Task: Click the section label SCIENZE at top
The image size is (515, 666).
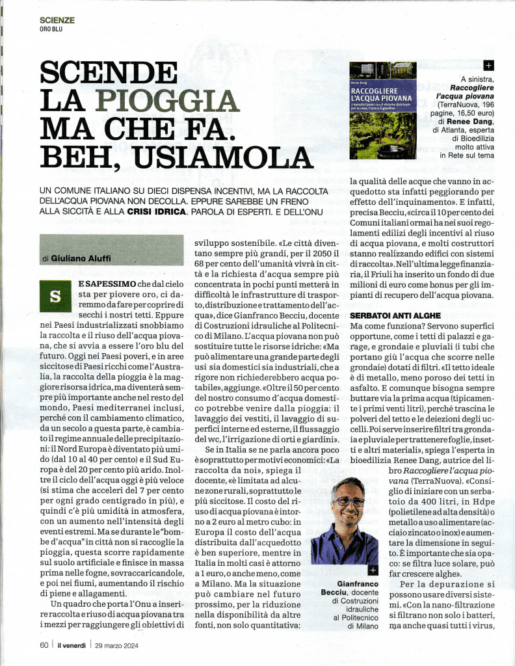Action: tap(57, 20)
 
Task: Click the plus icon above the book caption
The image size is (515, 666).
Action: tap(489, 66)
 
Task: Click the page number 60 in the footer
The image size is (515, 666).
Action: tap(44, 645)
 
